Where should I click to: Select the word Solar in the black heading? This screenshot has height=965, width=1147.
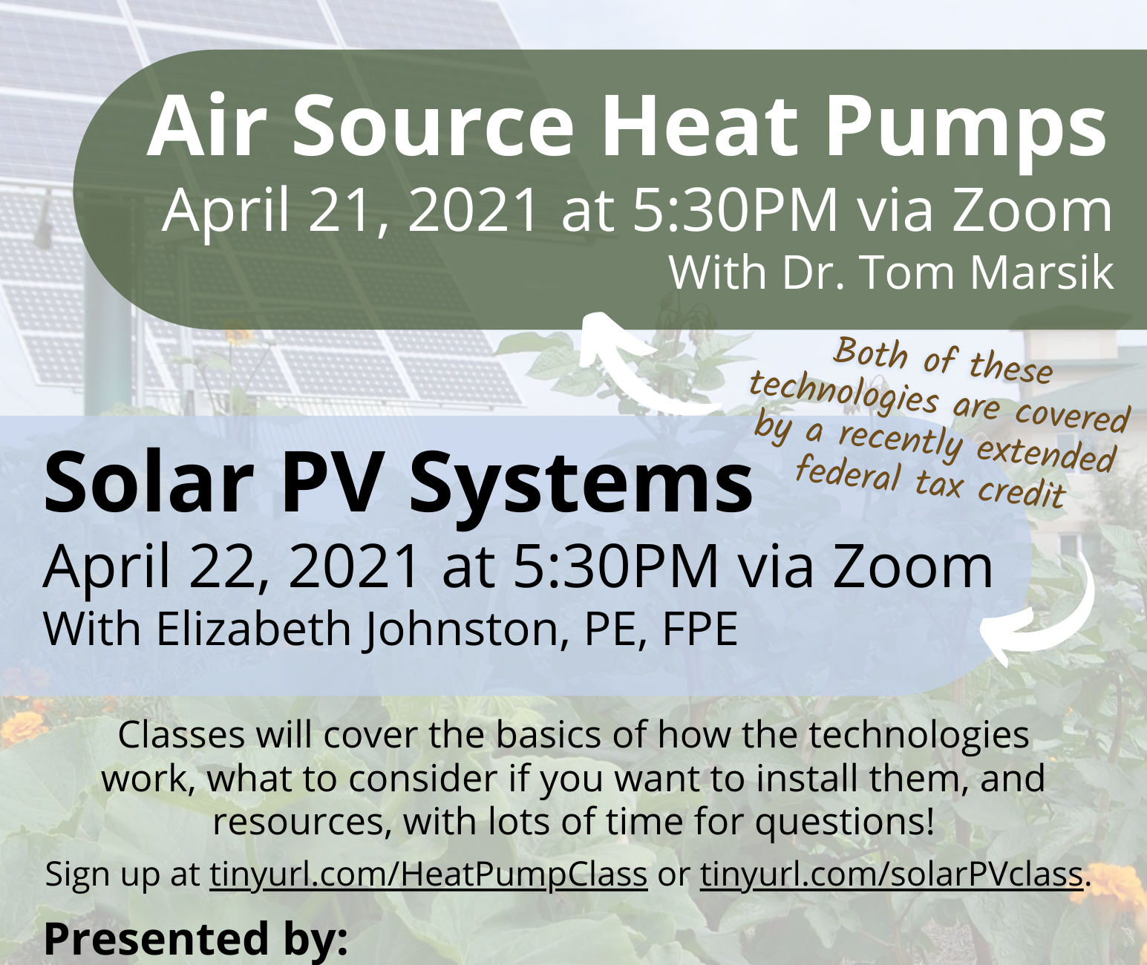[149, 482]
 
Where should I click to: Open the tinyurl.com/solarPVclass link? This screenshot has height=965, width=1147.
[892, 874]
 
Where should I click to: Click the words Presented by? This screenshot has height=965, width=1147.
[195, 938]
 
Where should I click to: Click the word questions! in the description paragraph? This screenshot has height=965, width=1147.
[844, 822]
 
